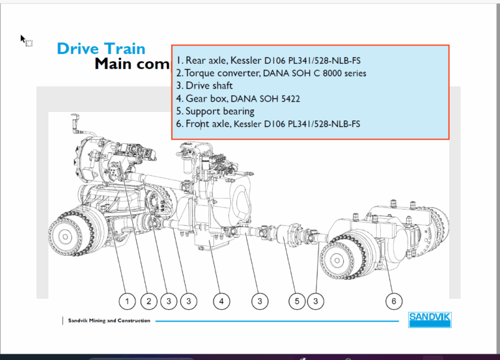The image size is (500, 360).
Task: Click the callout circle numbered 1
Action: point(127,301)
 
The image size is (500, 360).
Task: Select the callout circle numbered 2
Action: point(148,301)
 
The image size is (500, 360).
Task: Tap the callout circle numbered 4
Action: point(221,301)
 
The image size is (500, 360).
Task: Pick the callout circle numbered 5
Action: point(297,301)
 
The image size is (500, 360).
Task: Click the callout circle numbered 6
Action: point(394,301)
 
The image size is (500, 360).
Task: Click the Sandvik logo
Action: point(430,320)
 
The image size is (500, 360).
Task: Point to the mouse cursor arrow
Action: point(23,39)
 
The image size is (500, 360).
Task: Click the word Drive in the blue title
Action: point(78,49)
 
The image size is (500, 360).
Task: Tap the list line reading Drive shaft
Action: point(204,86)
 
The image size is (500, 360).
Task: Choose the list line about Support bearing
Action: point(215,111)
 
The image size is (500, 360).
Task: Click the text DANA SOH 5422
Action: point(265,98)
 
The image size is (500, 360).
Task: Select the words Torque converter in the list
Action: point(222,73)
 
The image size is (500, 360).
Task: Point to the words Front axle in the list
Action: point(207,124)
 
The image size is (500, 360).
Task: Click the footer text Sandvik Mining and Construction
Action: point(109,320)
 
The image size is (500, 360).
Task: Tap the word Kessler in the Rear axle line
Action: point(246,61)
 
